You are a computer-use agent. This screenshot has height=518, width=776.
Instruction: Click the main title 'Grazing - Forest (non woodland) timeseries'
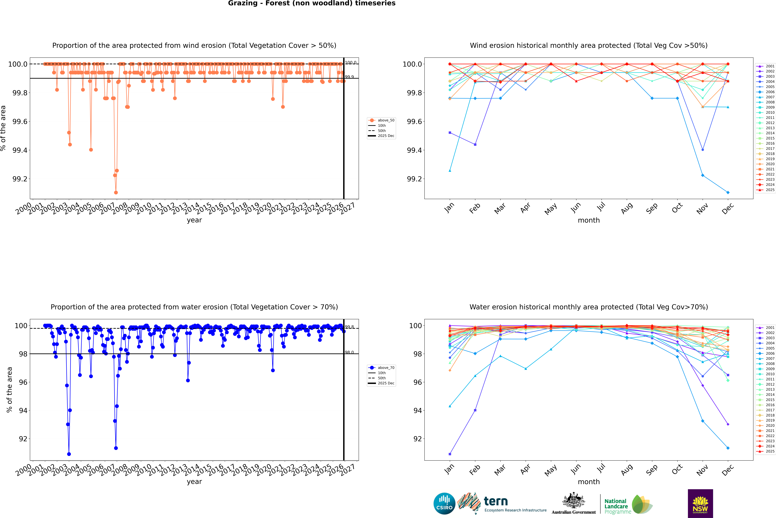tap(312, 3)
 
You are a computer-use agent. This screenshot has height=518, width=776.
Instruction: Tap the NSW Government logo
tap(700, 503)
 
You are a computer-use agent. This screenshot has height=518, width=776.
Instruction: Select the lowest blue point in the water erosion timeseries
tap(69, 454)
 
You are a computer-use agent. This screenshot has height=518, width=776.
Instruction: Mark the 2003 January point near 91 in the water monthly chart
tap(450, 454)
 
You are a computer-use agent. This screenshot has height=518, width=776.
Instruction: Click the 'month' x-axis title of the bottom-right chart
tap(588, 482)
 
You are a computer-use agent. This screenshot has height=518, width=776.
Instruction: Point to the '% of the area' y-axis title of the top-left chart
tap(3, 128)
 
